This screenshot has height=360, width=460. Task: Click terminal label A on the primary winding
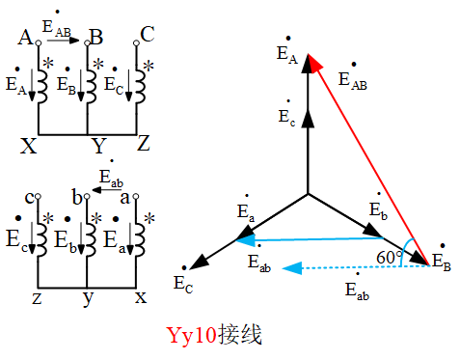(25, 38)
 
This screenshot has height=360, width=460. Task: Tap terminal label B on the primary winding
(95, 38)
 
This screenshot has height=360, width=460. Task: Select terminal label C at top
(148, 36)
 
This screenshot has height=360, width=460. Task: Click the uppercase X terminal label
(29, 147)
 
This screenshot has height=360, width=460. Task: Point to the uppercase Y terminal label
(97, 147)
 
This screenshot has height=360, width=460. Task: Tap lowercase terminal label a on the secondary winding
(124, 197)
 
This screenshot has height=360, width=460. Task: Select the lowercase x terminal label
(141, 297)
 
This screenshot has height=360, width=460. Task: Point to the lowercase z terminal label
(38, 297)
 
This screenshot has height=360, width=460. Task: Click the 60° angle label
(391, 258)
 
